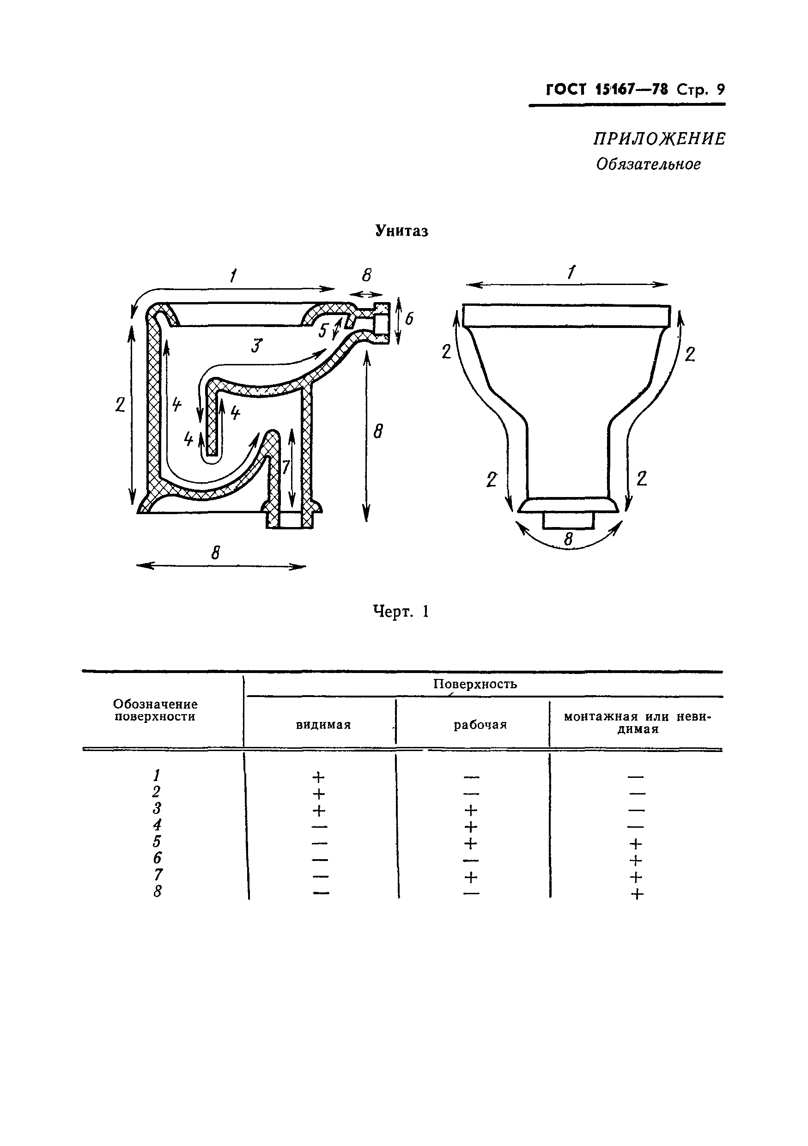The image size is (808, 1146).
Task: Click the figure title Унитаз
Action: tap(401, 231)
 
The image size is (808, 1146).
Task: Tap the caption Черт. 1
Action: tap(401, 612)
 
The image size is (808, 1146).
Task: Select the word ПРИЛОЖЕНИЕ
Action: tap(659, 138)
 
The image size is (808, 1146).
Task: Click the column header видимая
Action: tap(323, 725)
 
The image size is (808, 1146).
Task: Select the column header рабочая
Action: tap(480, 725)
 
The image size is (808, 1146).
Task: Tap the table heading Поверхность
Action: tap(474, 684)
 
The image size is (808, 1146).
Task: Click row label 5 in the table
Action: tap(157, 842)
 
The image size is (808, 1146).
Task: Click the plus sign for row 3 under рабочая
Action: tap(471, 810)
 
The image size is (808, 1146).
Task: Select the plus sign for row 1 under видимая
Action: tap(318, 777)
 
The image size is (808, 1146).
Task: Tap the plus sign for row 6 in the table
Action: tap(636, 860)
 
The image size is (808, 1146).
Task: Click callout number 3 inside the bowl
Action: tap(256, 346)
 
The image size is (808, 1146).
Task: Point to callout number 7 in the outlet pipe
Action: tap(286, 467)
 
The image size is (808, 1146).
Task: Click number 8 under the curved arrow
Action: tap(568, 540)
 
